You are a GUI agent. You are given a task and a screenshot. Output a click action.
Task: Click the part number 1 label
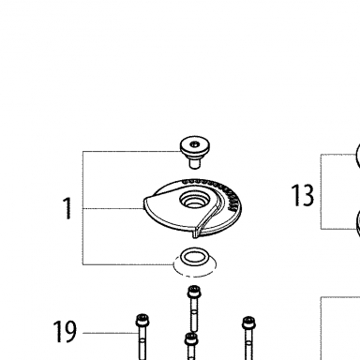(x=67, y=208)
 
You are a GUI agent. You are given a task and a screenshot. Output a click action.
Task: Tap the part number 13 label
(x=303, y=195)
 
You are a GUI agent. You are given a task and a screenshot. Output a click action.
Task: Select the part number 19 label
(x=65, y=331)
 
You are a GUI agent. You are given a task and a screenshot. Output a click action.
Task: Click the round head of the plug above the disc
(x=195, y=147)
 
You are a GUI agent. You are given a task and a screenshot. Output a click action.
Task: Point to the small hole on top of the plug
(x=195, y=144)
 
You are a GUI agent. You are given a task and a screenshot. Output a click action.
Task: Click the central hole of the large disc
(x=194, y=201)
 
